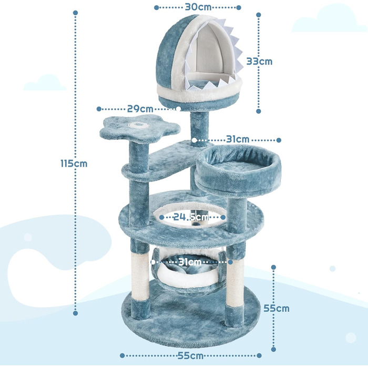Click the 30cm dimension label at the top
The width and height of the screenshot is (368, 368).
coord(198,7)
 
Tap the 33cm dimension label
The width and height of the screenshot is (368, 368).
coord(259,62)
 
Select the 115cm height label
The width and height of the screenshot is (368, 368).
coord(74,163)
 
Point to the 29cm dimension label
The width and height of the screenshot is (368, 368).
coord(140,109)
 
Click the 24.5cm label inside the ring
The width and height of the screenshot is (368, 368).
coord(191,217)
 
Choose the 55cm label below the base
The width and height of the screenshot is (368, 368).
coord(190,355)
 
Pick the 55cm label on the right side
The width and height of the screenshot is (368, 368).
coord(276,309)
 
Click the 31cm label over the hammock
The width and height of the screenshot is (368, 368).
coord(190,262)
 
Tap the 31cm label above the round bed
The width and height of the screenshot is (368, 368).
coord(238,139)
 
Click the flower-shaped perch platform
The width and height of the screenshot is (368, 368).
coord(140,128)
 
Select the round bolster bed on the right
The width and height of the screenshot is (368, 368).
coord(238,170)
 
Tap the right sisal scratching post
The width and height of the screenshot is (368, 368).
coord(234,282)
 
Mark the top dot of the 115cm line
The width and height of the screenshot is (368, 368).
coord(75,13)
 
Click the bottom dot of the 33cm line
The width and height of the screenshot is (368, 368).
coord(259,111)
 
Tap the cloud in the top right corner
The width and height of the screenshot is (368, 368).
coord(329,18)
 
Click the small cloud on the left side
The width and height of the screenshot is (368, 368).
coord(45,83)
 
